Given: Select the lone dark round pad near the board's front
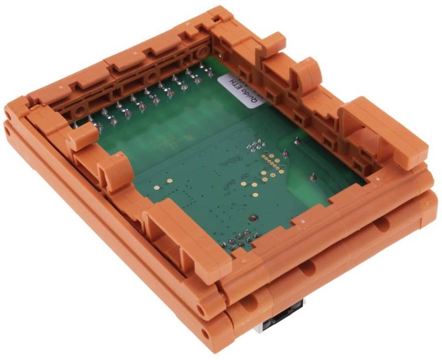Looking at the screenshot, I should [253, 218].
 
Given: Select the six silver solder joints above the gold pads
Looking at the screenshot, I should [255, 146].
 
